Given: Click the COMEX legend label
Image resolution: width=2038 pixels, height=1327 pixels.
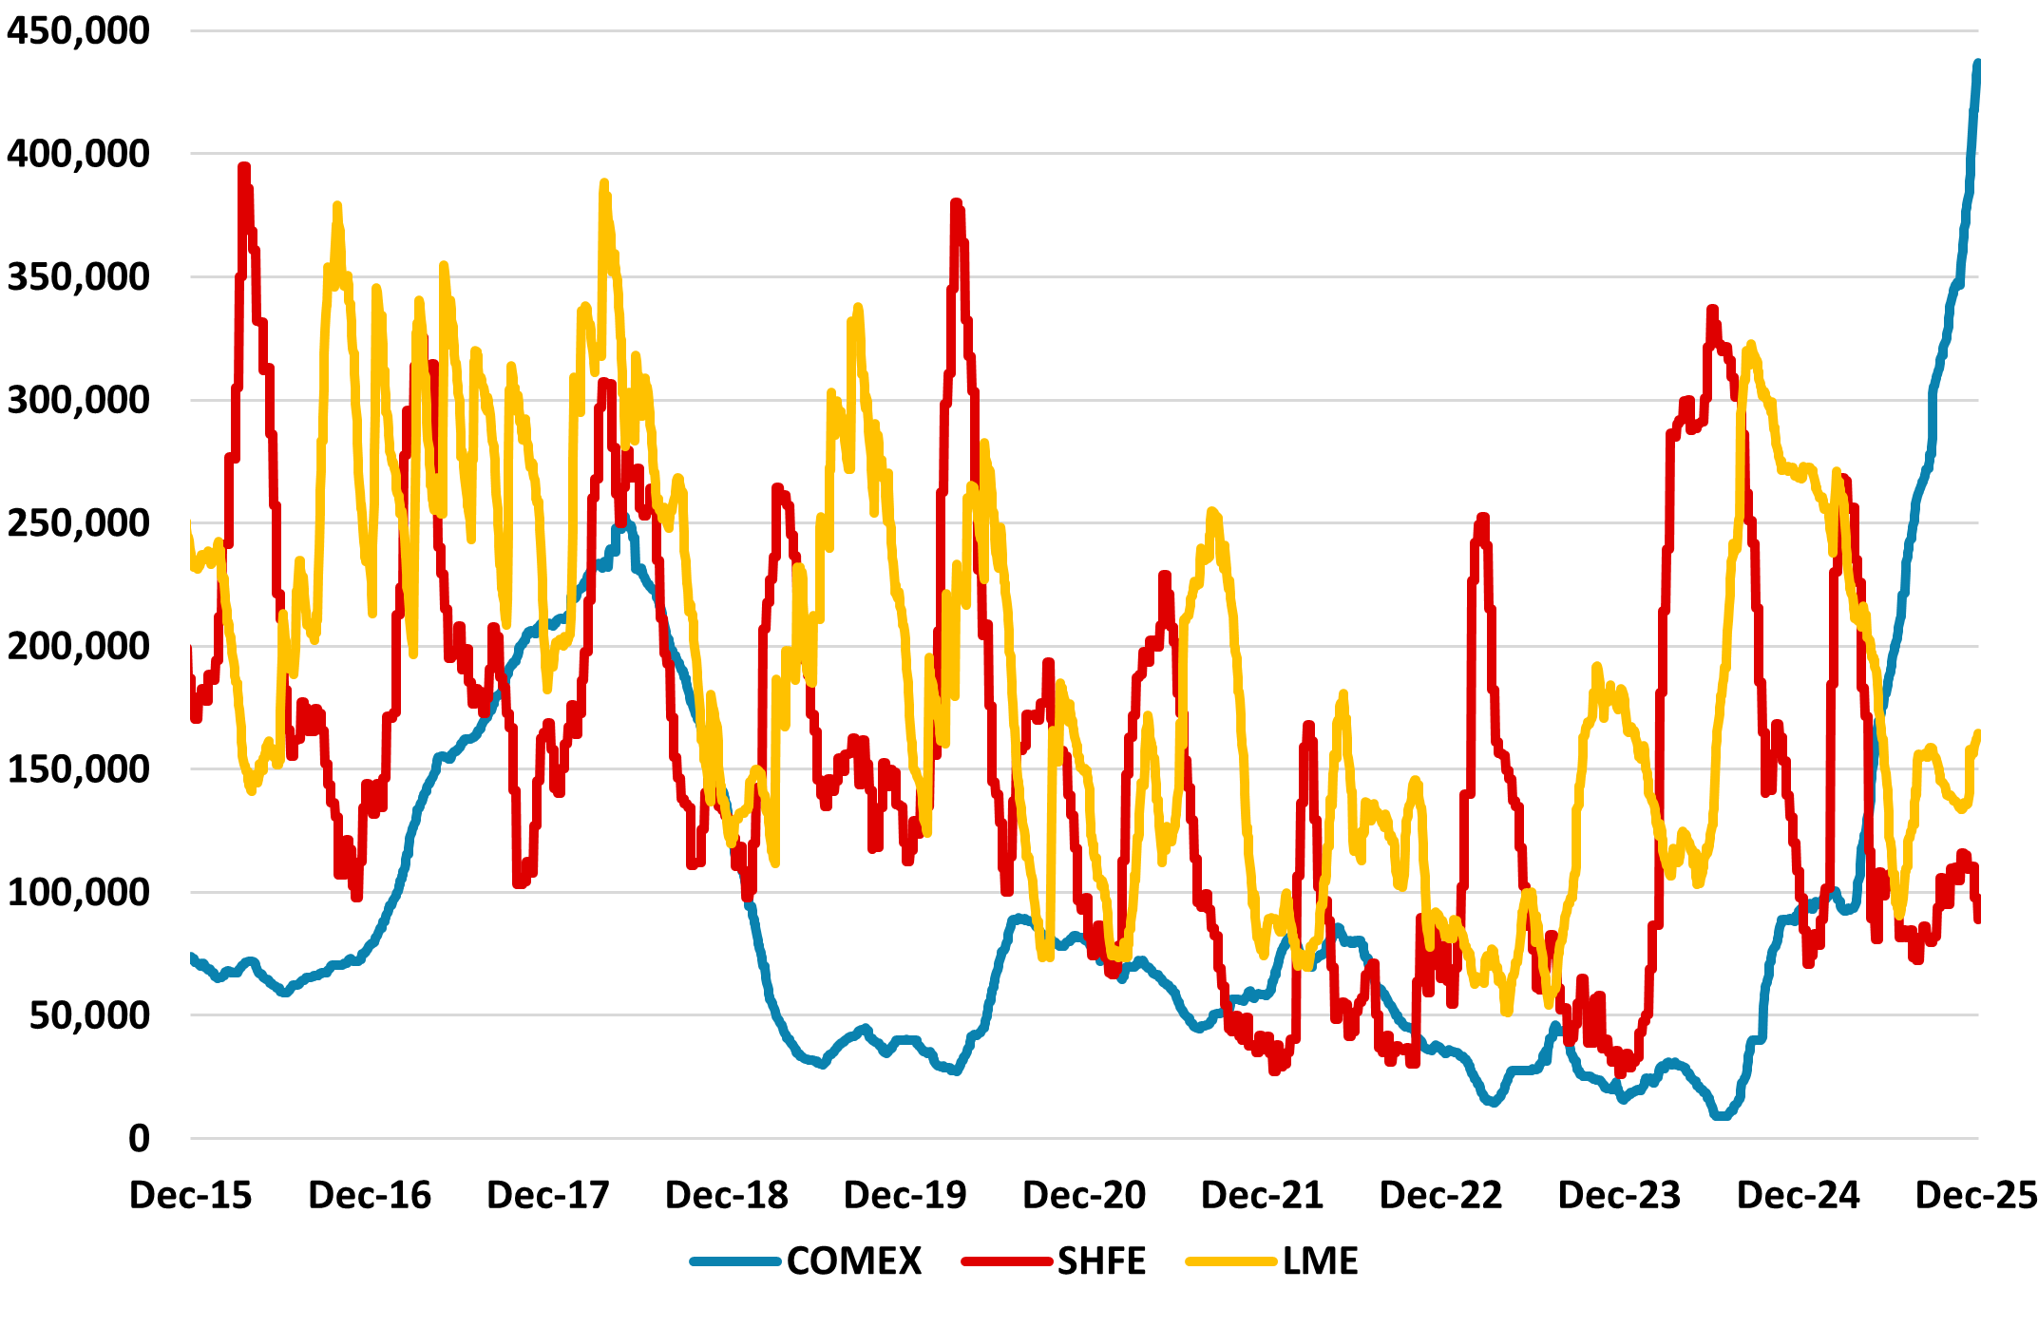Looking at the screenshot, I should point(853,1261).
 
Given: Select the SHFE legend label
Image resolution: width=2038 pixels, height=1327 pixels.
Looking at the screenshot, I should point(1101,1261).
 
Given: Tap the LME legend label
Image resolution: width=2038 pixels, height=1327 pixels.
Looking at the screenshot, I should point(1320,1261).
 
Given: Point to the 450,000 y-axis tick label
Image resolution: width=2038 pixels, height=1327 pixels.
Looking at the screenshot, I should point(78,30).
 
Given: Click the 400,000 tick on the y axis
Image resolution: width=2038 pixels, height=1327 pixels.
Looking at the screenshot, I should point(78,153).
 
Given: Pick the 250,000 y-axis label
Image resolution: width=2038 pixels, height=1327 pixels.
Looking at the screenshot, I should point(78,522).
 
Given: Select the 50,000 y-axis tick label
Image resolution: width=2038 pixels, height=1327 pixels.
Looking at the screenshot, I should point(89,1015).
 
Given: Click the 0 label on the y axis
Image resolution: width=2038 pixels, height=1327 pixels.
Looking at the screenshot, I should point(139,1138).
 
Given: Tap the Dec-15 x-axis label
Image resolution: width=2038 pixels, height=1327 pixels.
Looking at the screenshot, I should point(190,1195).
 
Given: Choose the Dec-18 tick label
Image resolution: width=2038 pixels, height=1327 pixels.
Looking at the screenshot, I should point(726,1195).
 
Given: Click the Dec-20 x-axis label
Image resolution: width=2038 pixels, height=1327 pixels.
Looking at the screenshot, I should point(1083,1195).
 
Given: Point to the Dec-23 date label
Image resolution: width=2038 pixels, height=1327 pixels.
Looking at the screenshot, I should point(1619,1195).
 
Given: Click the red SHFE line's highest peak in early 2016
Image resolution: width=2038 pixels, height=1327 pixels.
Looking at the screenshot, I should point(244,168).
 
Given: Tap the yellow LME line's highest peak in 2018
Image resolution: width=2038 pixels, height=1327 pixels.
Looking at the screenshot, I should point(603,183).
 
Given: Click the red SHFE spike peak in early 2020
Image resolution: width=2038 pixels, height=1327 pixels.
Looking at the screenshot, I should point(956,203).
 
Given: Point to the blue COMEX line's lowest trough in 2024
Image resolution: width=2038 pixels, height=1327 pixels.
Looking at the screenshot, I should point(1722,1116).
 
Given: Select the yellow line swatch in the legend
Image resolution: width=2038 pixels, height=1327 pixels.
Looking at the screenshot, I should point(1230,1261).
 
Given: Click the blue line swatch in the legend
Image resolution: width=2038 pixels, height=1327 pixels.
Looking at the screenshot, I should point(734,1261).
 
